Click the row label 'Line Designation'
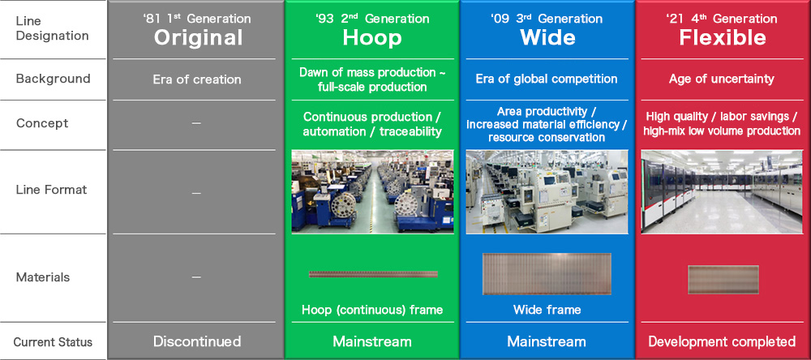click(x=52, y=28)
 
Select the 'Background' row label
click(x=53, y=79)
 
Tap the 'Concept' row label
click(x=42, y=123)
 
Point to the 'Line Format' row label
click(x=51, y=190)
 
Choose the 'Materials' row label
click(x=43, y=277)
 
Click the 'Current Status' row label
click(x=53, y=341)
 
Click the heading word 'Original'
click(x=198, y=37)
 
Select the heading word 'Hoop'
click(x=372, y=37)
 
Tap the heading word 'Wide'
click(x=547, y=37)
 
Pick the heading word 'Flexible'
click(x=722, y=37)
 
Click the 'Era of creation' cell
click(x=197, y=79)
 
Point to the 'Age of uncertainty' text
click(x=722, y=79)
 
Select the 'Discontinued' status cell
click(x=197, y=341)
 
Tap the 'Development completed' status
click(x=722, y=341)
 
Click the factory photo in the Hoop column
click(x=373, y=191)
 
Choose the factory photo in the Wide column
click(x=547, y=191)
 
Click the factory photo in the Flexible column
click(x=722, y=191)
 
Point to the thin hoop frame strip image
click(x=373, y=274)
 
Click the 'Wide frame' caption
click(x=547, y=309)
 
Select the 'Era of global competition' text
click(x=547, y=79)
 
